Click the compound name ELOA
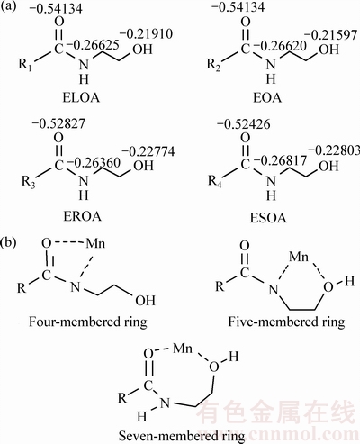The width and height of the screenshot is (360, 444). [81, 98]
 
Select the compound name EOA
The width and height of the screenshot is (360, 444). [267, 98]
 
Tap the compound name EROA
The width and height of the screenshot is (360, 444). [82, 216]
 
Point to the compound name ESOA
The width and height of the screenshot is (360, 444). [268, 218]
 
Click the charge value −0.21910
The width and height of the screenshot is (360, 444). [147, 34]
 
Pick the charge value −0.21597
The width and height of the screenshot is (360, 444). [332, 35]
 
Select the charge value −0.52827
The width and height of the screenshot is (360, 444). [58, 123]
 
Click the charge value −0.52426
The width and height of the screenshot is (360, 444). [243, 124]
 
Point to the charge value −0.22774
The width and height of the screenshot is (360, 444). [148, 151]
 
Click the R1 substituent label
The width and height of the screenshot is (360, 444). [27, 65]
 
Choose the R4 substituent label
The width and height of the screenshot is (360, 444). [215, 181]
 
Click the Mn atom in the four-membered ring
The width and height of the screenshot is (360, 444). [95, 243]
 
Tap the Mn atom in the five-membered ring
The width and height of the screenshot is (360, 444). [299, 257]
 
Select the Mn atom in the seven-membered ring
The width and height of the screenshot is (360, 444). [183, 349]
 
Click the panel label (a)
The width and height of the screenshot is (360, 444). [8, 7]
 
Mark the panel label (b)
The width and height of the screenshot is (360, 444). [9, 242]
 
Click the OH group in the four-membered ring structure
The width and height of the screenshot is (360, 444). [146, 300]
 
